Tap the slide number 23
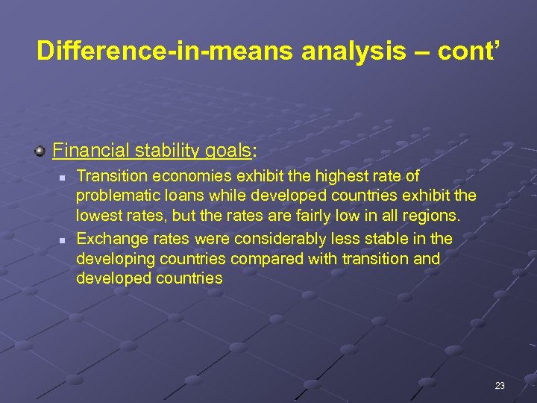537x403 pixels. [499, 386]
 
